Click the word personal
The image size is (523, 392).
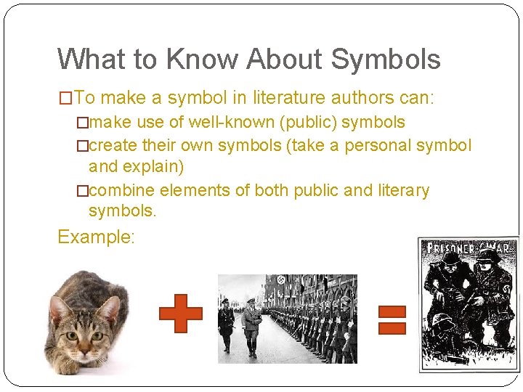(377, 145)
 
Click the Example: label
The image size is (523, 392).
(97, 237)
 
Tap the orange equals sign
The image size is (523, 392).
(392, 319)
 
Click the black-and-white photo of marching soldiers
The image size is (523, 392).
(287, 319)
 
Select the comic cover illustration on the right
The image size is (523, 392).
(469, 305)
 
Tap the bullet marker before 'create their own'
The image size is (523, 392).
(82, 146)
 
